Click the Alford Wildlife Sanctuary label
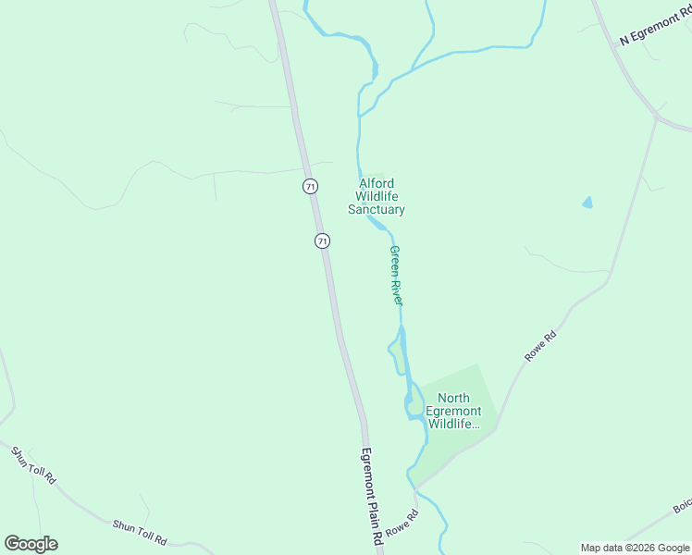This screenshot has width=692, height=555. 377,196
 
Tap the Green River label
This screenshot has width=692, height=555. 396,276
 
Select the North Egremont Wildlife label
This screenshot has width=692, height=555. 453,412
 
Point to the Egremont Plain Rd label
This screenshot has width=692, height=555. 371,495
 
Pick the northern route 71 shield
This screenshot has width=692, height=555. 310,186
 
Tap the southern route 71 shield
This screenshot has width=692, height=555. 322,240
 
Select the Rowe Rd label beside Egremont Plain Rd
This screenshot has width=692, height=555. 402,524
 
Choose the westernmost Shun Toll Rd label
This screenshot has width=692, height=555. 33,465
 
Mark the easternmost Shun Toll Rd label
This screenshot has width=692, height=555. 140,531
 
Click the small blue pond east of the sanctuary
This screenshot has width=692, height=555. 587,203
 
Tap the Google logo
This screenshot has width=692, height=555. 31,544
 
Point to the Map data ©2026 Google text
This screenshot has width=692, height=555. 635,548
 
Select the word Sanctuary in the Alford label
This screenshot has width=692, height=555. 377,210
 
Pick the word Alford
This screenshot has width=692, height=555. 377,183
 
